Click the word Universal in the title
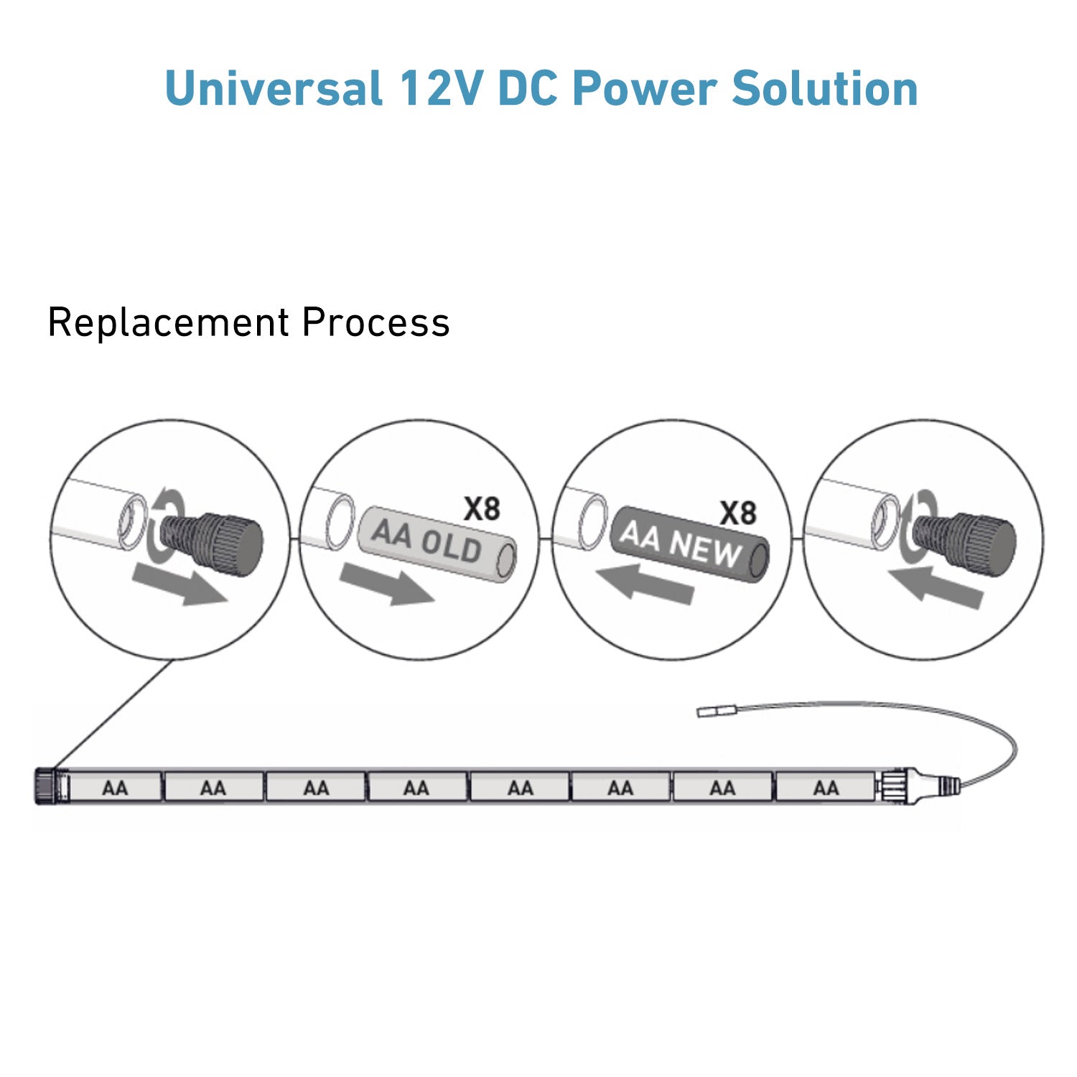pos(274,88)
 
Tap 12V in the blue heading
pos(439,88)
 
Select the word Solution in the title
pos(825,88)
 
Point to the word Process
pos(376,322)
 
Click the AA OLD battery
pos(437,544)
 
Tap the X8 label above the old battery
pos(482,509)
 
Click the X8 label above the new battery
pos(738,513)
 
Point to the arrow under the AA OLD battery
pos(386,584)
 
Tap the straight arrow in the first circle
pos(180,583)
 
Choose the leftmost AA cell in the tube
pos(115,787)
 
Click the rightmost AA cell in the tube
pos(826,787)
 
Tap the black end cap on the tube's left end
pos(45,786)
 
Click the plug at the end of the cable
pos(717,712)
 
